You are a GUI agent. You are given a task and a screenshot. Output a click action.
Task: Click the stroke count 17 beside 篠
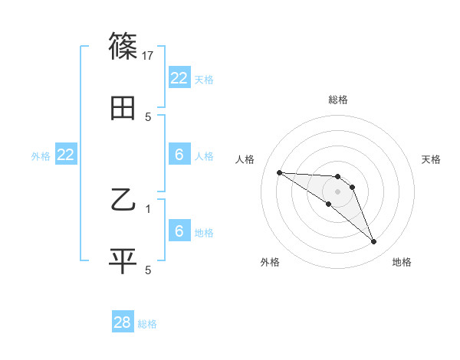149,55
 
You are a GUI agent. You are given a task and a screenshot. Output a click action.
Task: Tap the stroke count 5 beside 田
149,117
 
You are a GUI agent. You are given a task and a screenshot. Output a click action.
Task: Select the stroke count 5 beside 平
149,270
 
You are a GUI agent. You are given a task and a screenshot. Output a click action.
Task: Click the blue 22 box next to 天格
179,78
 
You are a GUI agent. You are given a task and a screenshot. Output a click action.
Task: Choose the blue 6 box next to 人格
179,155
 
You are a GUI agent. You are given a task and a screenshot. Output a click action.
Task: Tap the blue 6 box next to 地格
179,231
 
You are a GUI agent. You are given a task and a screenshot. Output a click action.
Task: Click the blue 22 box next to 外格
66,155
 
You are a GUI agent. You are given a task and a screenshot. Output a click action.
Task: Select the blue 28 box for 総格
123,322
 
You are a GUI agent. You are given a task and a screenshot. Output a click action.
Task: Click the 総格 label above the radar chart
338,100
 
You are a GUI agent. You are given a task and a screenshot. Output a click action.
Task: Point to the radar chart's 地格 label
402,263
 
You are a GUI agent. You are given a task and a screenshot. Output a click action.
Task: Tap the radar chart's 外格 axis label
270,263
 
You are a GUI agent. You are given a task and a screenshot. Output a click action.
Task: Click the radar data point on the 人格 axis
279,172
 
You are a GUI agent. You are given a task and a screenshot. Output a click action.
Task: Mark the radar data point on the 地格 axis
374,242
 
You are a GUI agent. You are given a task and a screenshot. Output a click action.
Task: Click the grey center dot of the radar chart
338,191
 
